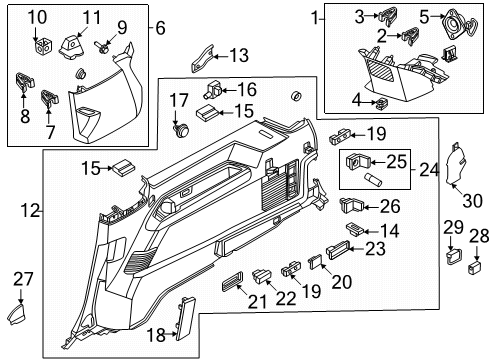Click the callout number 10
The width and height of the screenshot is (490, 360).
pyautogui.click(x=36, y=16)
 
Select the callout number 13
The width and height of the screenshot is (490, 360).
pyautogui.click(x=239, y=55)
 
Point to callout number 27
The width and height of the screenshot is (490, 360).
pyautogui.click(x=21, y=279)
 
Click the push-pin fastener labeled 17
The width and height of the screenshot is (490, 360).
pyautogui.click(x=181, y=127)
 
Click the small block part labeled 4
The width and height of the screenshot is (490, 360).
pyautogui.click(x=381, y=103)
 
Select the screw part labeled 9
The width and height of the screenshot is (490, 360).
pyautogui.click(x=103, y=45)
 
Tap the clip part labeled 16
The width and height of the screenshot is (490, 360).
pyautogui.click(x=216, y=89)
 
